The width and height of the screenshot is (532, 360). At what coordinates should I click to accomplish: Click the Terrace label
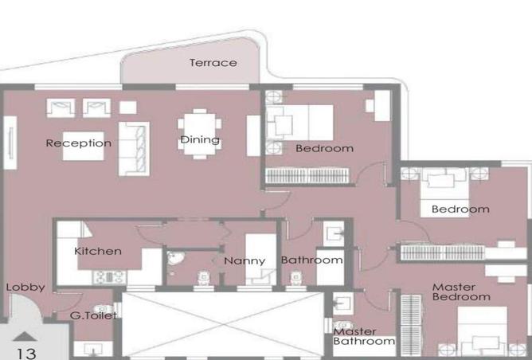tap(213, 63)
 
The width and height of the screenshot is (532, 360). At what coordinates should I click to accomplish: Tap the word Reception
tap(78, 143)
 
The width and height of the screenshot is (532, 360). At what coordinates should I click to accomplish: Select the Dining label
tap(199, 140)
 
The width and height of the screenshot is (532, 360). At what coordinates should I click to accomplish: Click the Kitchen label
tap(98, 251)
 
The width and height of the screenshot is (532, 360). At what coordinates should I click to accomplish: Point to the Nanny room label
tap(244, 260)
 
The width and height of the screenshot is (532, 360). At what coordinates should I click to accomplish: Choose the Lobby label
tap(25, 288)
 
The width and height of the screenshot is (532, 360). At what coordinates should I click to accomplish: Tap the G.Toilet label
tap(94, 316)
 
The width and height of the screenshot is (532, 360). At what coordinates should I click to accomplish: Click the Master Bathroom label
tap(364, 336)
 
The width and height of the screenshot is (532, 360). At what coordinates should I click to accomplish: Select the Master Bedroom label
tap(460, 292)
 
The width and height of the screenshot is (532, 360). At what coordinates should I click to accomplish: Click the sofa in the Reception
tap(134, 147)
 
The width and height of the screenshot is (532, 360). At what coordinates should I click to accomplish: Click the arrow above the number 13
tap(24, 335)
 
